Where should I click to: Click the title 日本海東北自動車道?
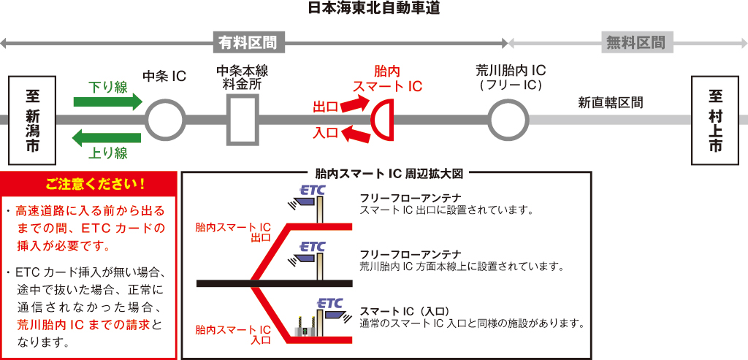[x=374, y=9]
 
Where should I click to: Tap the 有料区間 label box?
[x=248, y=42]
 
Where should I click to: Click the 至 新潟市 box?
[x=32, y=119]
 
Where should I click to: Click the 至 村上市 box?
[x=715, y=120]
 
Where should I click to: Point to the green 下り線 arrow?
[x=108, y=102]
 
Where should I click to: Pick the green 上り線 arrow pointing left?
[x=108, y=137]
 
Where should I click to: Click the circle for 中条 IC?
[x=164, y=119]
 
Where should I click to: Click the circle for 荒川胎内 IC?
[x=508, y=119]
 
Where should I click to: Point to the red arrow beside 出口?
[x=354, y=105]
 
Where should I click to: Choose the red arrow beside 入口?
[x=354, y=133]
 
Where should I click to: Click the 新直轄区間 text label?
[x=611, y=103]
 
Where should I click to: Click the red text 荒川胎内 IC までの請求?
[x=82, y=323]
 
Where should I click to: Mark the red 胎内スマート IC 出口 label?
[x=233, y=232]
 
